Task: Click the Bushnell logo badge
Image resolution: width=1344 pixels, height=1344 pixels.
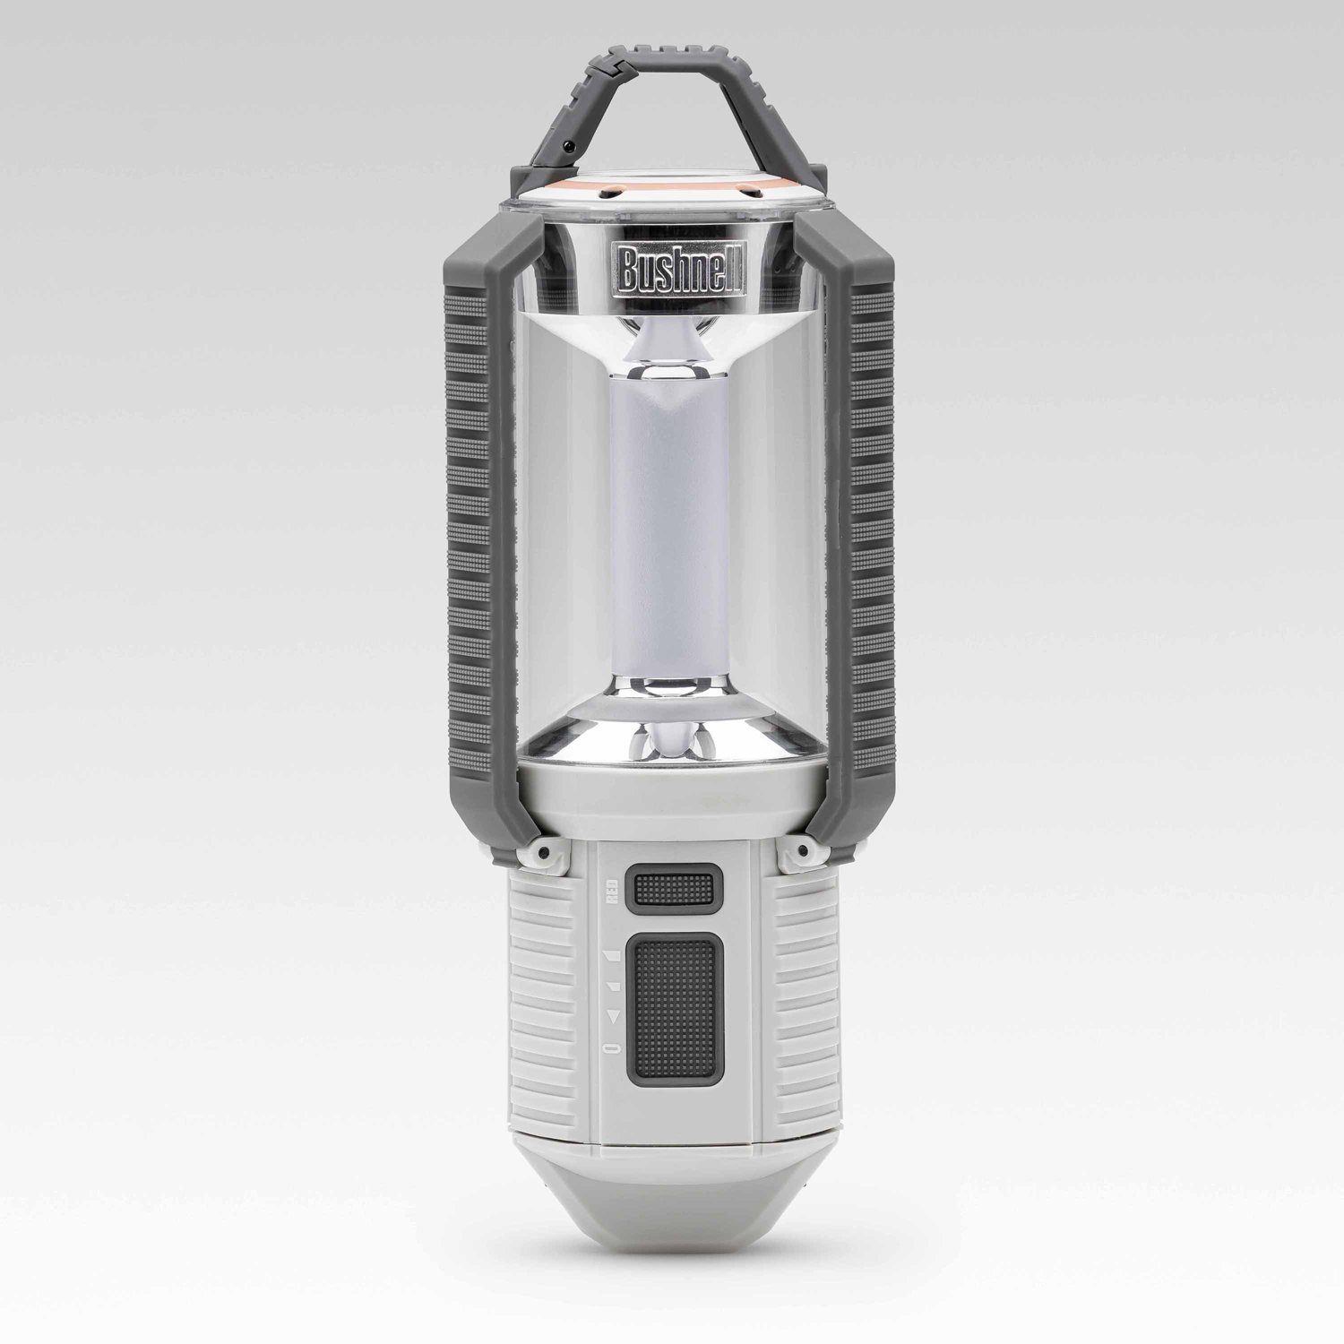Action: [672, 267]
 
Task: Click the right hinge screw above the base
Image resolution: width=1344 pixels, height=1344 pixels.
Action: [800, 848]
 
